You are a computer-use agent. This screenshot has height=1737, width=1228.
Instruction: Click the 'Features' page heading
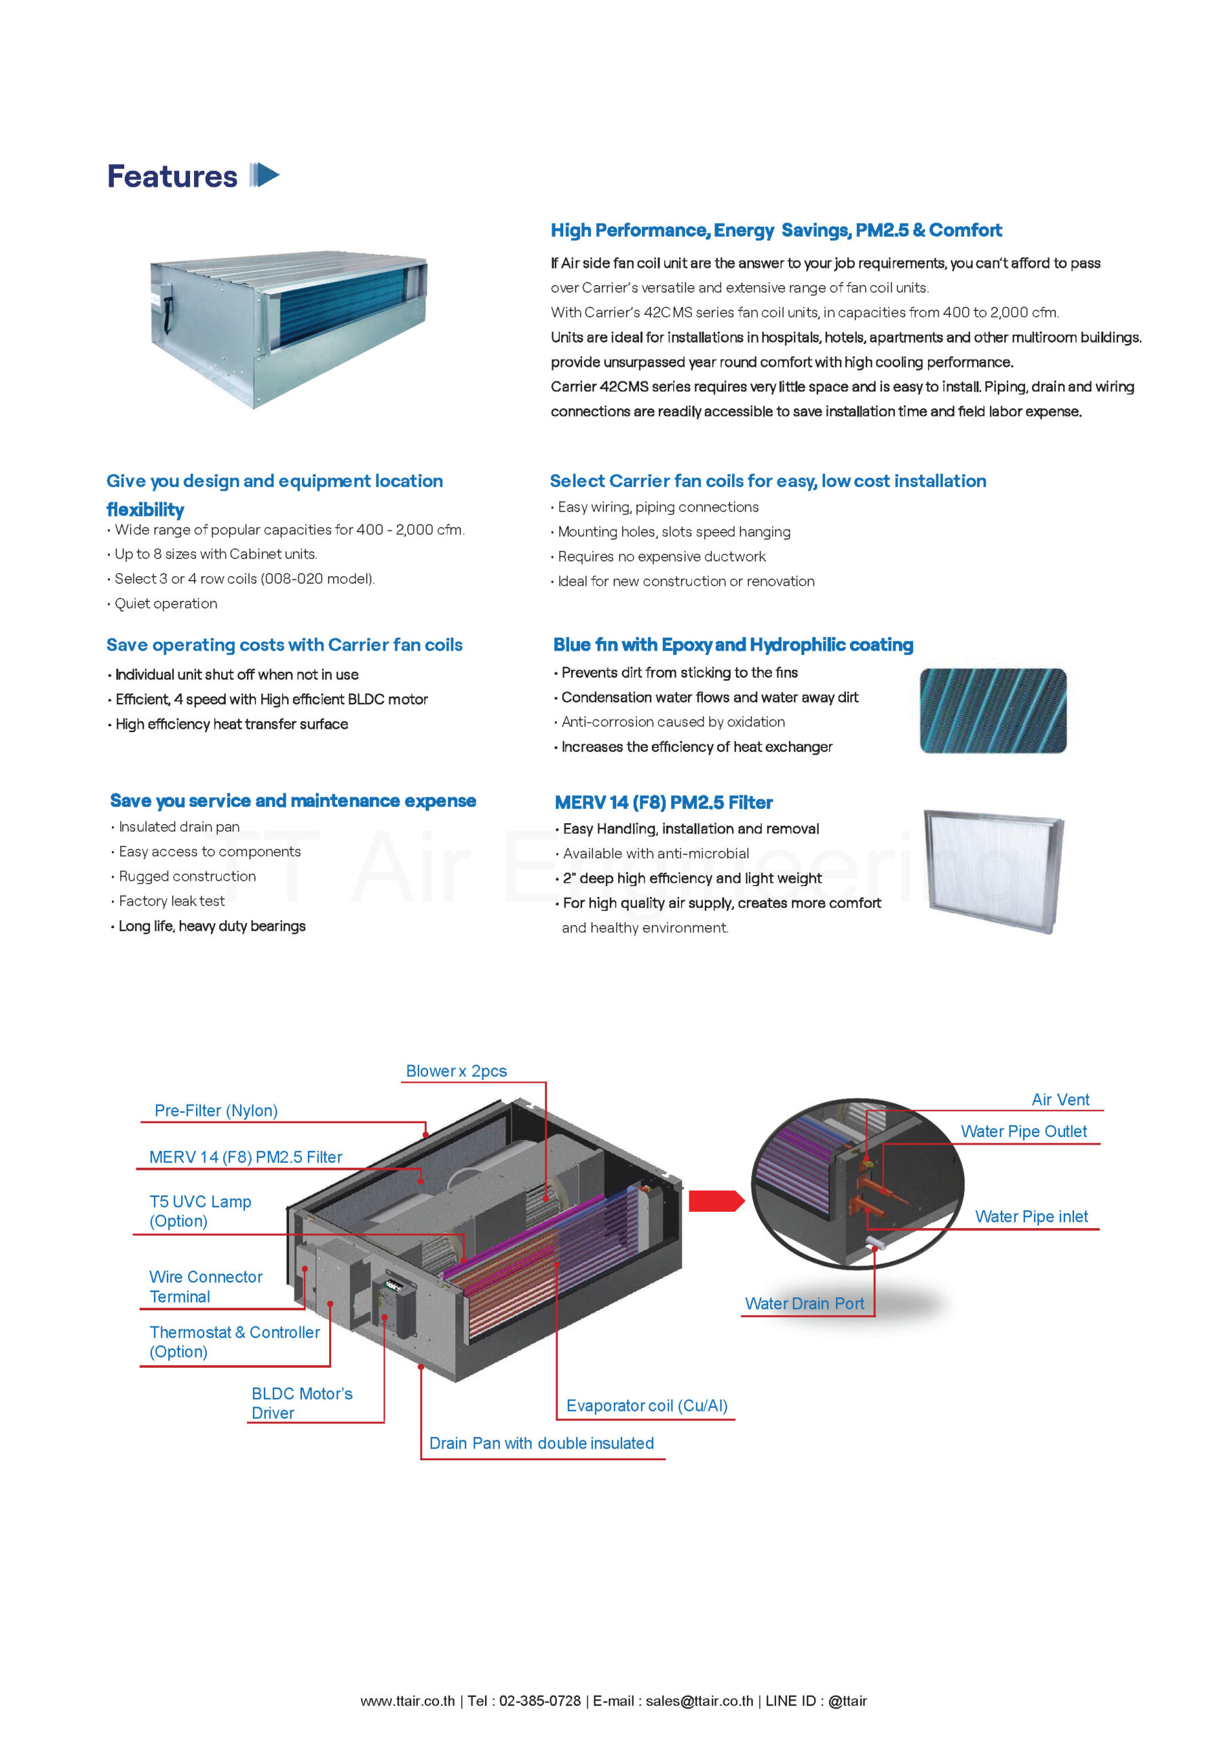(172, 176)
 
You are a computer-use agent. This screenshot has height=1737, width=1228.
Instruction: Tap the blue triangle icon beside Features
(265, 175)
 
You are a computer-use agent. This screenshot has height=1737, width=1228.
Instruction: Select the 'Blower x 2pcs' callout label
(456, 1071)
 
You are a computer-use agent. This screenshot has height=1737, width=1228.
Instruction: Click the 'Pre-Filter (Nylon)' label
(216, 1111)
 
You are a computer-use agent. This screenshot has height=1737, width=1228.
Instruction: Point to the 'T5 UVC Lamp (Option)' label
(199, 1211)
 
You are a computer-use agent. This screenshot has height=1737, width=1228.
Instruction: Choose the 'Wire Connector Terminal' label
(205, 1287)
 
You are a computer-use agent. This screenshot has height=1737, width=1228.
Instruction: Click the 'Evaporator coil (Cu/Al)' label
(647, 1406)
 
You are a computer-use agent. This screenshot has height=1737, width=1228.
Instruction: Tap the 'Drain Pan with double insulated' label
(541, 1443)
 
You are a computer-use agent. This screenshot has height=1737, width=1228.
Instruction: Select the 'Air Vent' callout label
(1060, 1100)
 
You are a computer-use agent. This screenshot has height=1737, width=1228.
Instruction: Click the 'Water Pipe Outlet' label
(1024, 1132)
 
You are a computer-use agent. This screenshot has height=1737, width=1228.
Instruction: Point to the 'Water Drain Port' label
(804, 1303)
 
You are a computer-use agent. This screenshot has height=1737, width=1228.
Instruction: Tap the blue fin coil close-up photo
(993, 710)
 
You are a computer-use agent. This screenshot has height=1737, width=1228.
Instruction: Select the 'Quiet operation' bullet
(166, 604)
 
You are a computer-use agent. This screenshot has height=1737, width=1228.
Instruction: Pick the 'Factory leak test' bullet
(172, 901)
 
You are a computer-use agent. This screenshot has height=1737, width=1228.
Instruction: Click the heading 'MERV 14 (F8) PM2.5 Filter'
(664, 803)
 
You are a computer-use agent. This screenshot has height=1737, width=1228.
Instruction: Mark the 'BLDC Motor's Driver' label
(302, 1403)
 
